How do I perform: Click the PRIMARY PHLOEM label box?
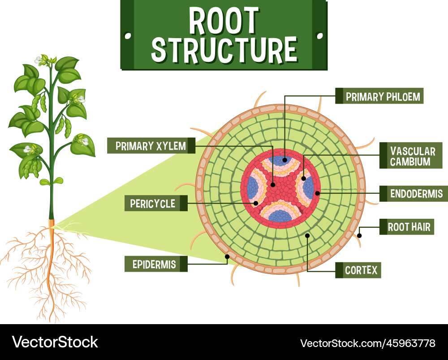tap(383, 96)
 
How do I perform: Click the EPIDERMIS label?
tap(154, 264)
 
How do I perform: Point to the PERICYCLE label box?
tap(152, 204)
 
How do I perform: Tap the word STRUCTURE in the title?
tap(224, 49)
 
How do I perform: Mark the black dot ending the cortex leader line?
tap(307, 235)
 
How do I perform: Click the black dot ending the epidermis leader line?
tap(227, 257)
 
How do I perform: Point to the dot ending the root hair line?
tap(359, 234)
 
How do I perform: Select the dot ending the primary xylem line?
tap(273, 184)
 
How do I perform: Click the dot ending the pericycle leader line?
tap(256, 203)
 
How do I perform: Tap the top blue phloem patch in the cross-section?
tap(281, 160)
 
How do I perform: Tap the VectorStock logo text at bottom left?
tap(55, 342)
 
